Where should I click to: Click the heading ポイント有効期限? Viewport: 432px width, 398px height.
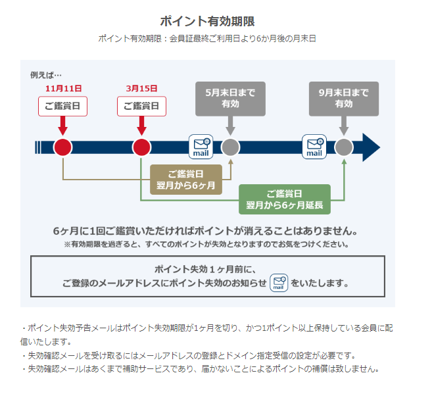[207, 21]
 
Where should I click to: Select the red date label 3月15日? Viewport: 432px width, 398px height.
[141, 89]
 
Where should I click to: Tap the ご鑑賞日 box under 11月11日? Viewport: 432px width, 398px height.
[62, 106]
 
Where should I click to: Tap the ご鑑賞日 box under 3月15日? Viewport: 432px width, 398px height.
[141, 106]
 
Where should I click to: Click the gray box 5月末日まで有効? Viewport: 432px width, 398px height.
[230, 99]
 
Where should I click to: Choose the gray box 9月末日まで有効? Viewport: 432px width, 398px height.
[344, 99]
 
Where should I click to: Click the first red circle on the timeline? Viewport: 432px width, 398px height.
[62, 147]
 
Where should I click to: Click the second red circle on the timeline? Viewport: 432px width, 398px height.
[141, 147]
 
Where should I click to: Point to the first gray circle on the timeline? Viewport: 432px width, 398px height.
[230, 147]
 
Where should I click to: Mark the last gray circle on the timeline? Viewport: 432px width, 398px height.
[344, 147]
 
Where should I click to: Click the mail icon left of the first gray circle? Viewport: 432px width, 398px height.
[201, 147]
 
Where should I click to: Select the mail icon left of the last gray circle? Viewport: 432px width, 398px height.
[314, 147]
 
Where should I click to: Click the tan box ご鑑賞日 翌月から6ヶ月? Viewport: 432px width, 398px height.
[186, 180]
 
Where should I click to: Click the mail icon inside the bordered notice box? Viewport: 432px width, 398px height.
[279, 283]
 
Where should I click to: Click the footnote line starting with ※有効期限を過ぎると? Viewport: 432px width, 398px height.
[206, 244]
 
